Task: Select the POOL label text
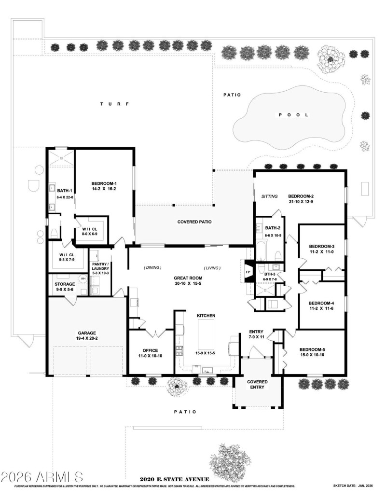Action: pos(292,115)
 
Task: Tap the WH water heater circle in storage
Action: pos(83,279)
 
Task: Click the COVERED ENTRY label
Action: pos(257,385)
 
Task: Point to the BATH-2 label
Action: pos(273,228)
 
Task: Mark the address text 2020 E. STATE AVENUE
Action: pos(174,479)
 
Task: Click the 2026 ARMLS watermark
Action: pos(42,477)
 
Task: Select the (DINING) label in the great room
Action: pos(152,267)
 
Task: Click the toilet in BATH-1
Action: pos(55,234)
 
